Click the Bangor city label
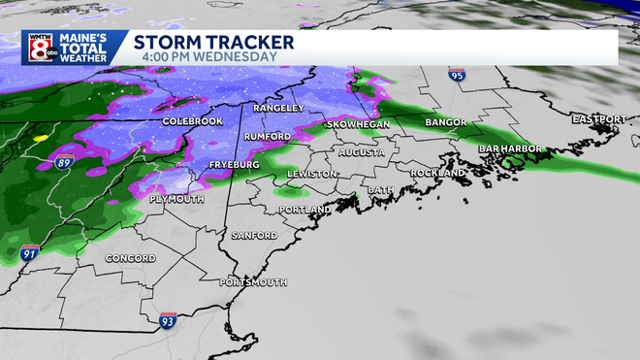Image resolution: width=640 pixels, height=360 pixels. [446, 123]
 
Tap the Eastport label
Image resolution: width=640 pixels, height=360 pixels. [598, 118]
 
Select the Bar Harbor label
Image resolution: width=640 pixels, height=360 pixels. [510, 148]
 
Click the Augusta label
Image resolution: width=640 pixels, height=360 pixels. [361, 152]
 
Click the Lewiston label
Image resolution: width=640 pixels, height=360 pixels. [311, 174]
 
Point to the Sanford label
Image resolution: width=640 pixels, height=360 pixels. [254, 236]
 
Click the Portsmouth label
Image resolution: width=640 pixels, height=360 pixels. [252, 281]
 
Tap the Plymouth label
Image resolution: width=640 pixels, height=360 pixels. [176, 198]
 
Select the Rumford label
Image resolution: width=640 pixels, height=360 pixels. [267, 137]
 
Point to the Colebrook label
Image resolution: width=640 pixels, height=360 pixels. [193, 121]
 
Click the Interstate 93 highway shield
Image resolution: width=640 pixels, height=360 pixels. [167, 317]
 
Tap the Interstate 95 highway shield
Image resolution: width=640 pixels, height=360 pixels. [457, 75]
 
